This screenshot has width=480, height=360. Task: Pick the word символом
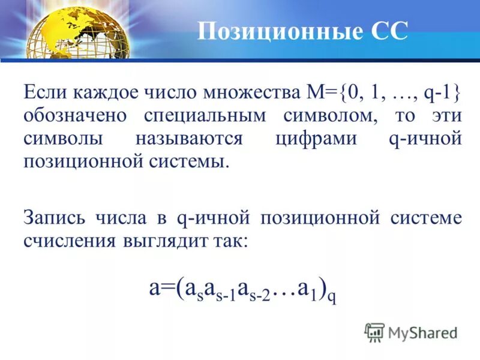(335, 115)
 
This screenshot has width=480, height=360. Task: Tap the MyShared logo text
(422, 332)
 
